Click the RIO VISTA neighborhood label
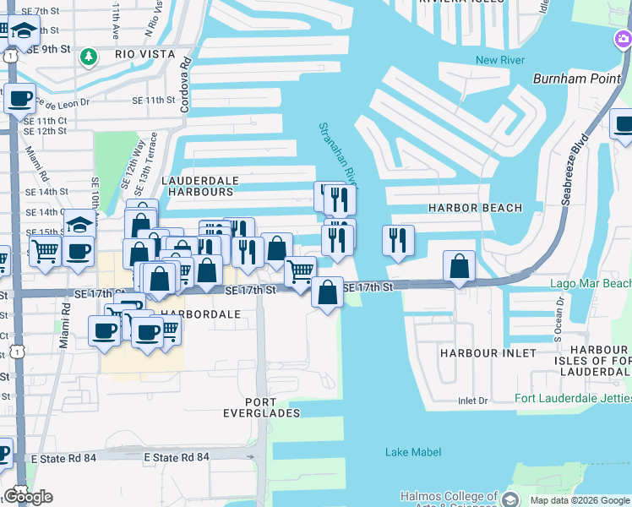[x=144, y=54]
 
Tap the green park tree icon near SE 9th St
[x=88, y=57]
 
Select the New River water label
[x=499, y=60]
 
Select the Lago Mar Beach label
[x=591, y=283]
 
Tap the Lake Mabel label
[x=413, y=453]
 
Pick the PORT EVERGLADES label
[x=272, y=407]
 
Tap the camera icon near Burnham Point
[x=623, y=40]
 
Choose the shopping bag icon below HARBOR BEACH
[x=459, y=266]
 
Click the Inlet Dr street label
[x=473, y=401]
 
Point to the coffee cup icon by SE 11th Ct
[x=19, y=98]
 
